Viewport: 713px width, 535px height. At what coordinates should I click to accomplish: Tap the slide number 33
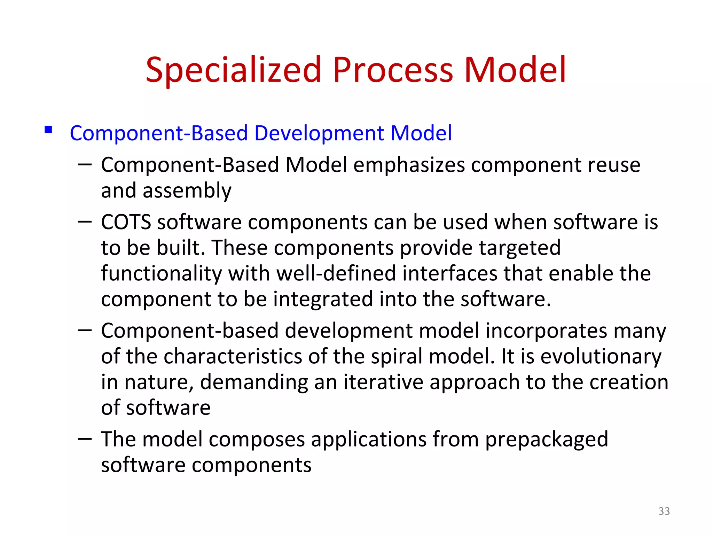(664, 511)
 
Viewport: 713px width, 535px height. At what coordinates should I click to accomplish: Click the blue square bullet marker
(48, 130)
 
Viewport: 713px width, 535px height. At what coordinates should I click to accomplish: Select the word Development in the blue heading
(319, 133)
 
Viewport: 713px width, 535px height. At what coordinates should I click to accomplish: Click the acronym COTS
(126, 222)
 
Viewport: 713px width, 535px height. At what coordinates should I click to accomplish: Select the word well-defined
(336, 273)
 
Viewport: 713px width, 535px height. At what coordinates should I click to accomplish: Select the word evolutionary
(601, 356)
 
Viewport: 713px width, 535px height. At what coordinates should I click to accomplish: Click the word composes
(257, 440)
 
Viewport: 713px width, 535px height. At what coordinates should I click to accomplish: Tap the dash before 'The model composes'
(85, 439)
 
